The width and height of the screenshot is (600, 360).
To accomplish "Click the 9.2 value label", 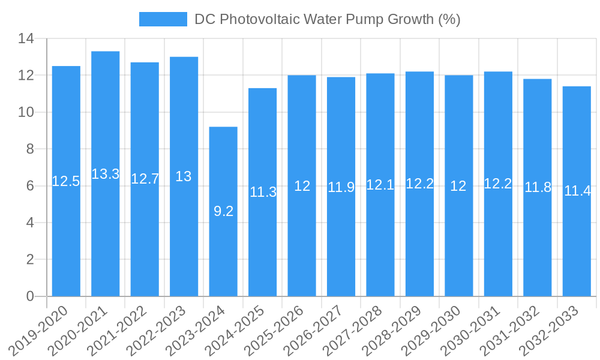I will point(223,211).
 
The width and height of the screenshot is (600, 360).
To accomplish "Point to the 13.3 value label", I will point(106,174).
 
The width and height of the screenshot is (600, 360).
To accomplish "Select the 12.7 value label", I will point(145,179).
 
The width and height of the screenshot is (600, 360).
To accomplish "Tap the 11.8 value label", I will point(538,187).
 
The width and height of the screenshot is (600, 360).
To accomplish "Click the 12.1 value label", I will point(380,185).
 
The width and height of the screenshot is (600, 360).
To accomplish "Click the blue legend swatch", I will point(163,19).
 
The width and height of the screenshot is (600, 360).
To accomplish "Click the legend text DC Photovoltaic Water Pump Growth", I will point(327,19).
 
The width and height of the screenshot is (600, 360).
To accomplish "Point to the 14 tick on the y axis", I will point(26,39).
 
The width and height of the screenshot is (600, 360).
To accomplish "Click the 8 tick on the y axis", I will point(30,149).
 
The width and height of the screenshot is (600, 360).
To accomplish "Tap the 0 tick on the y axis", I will point(30,296).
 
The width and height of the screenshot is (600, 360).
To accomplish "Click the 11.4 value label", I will point(577,191).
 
